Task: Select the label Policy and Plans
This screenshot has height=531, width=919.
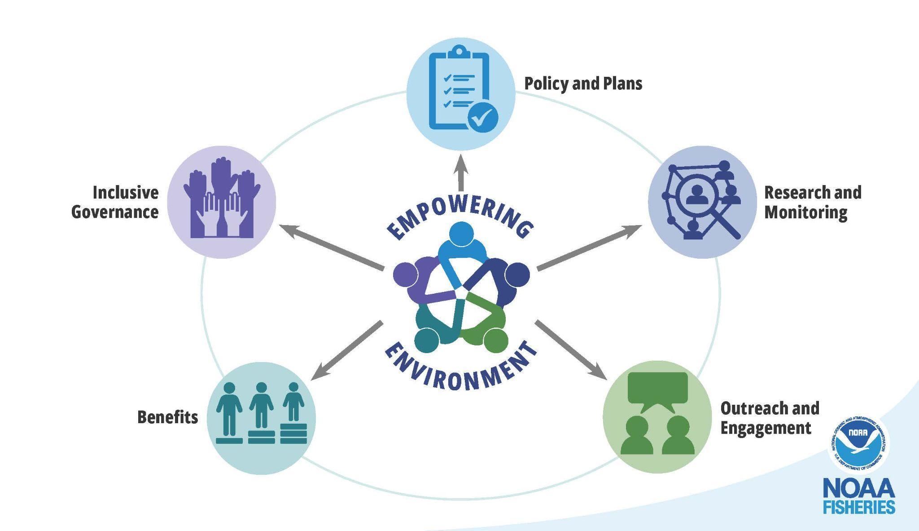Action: (583, 84)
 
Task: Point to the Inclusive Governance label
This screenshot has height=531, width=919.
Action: (115, 202)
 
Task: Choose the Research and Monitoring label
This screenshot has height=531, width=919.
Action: (812, 202)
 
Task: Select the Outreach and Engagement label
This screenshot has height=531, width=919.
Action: (770, 418)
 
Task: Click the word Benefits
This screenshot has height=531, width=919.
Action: (167, 417)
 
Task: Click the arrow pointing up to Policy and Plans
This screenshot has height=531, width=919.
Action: (460, 173)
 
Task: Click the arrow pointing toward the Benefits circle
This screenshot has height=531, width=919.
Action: (346, 350)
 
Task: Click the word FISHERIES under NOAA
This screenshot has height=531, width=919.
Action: (858, 506)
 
